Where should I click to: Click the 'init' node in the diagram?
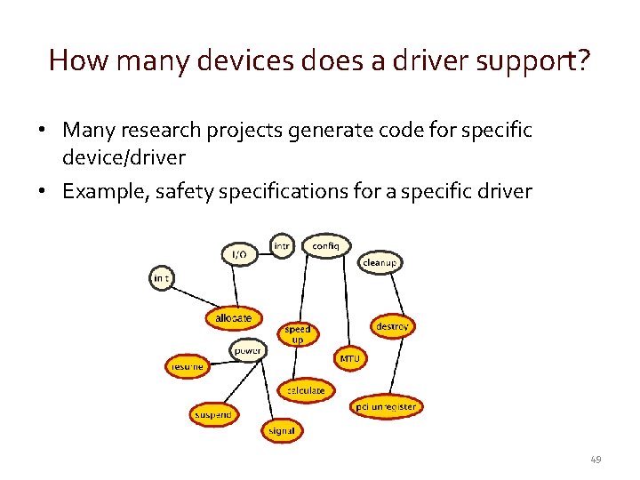161,278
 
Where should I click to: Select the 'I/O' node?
239,254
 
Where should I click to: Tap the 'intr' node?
282,245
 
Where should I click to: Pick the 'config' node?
326,245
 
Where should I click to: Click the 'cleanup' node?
380,263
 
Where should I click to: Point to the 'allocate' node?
234,317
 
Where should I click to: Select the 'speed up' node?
298,333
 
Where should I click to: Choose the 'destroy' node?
392,326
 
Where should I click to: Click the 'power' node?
248,351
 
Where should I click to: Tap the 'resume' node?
187,365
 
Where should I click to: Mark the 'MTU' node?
348,359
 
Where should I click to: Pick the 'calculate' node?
306,390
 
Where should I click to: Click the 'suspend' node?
213,414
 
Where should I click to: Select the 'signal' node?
282,430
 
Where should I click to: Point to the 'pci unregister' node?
386,407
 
